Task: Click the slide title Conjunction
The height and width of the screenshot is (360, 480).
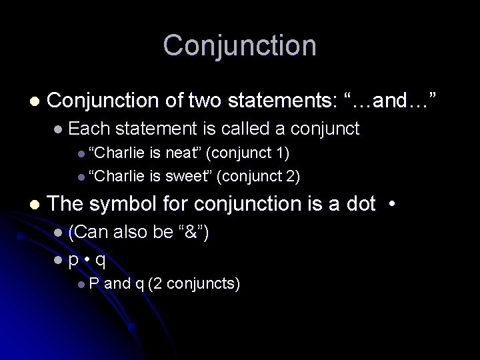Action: click(x=240, y=46)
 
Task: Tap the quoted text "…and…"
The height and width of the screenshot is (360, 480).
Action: click(x=390, y=101)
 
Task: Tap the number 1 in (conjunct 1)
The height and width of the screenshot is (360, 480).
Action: click(x=281, y=153)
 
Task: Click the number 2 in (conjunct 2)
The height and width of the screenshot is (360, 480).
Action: click(x=292, y=176)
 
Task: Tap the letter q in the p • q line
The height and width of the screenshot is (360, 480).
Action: click(x=101, y=259)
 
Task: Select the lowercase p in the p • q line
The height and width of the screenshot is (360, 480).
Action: click(x=73, y=259)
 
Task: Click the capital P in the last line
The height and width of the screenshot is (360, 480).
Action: click(x=93, y=284)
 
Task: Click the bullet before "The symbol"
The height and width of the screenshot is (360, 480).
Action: click(x=34, y=203)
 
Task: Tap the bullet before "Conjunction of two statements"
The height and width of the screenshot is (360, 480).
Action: click(x=34, y=101)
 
